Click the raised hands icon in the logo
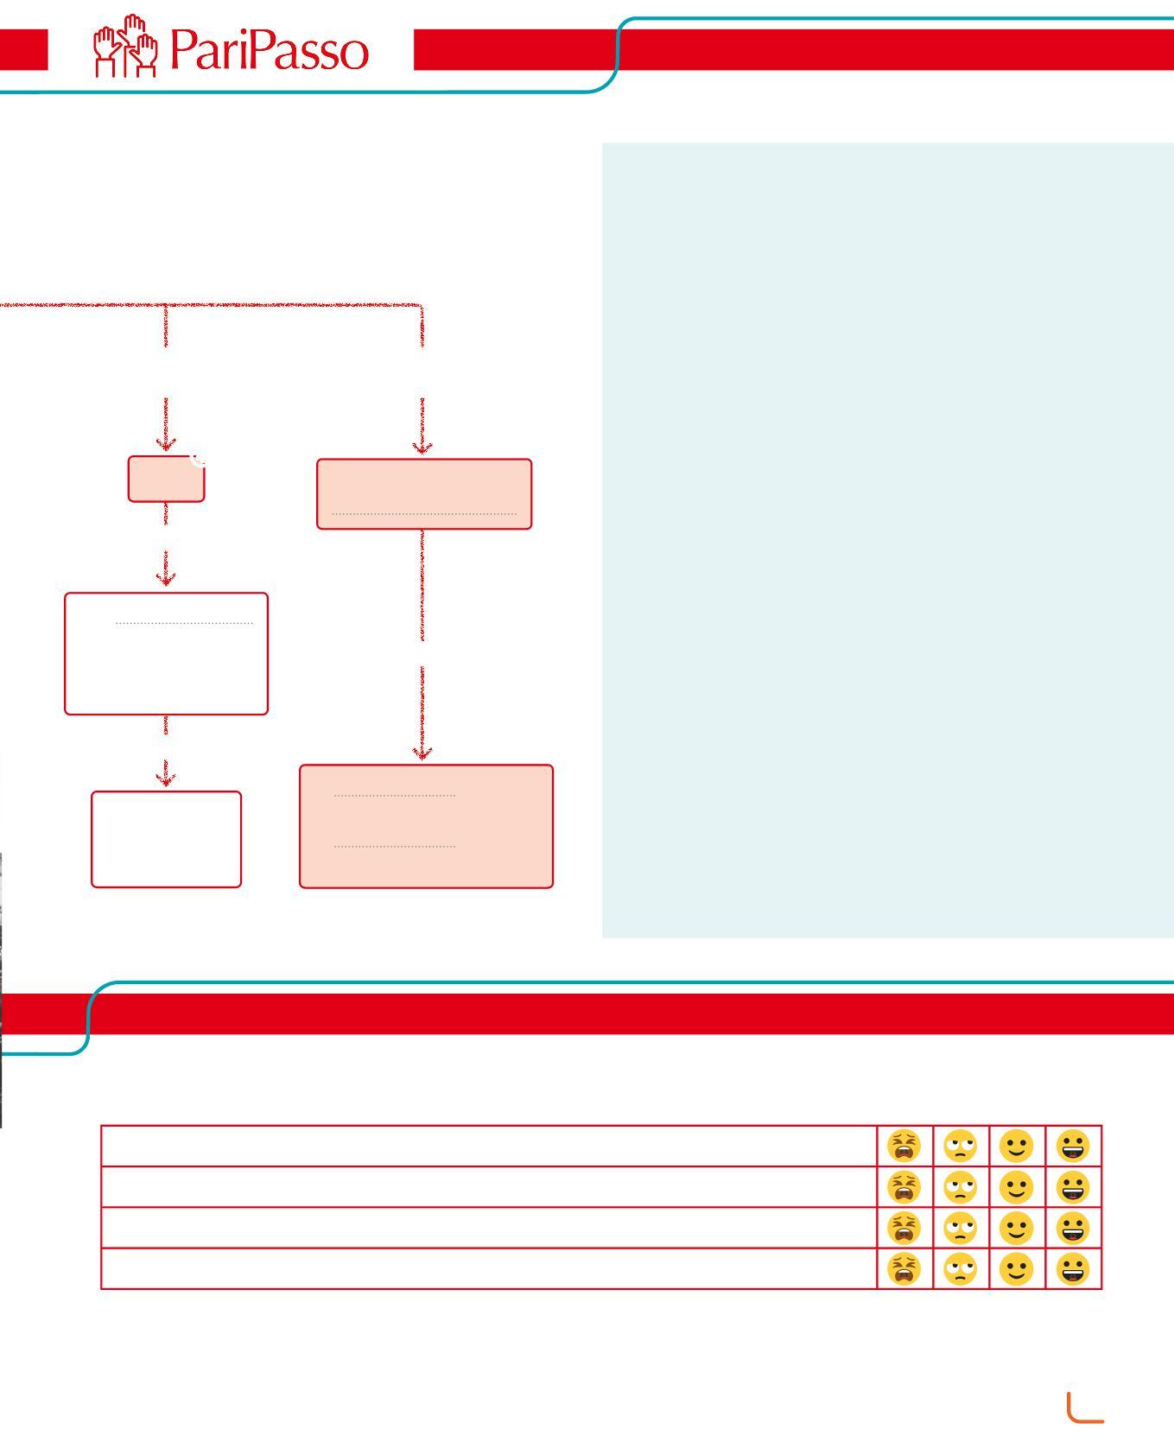(126, 47)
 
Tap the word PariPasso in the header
(270, 50)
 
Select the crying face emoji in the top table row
(904, 1146)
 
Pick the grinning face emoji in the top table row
(1073, 1146)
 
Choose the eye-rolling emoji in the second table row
(960, 1187)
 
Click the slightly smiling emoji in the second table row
(1016, 1187)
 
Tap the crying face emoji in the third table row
(904, 1228)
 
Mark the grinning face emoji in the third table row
(1073, 1228)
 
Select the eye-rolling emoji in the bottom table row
(960, 1268)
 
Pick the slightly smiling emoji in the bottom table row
(1016, 1268)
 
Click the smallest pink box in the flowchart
(166, 480)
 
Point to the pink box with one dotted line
(424, 493)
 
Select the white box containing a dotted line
(166, 653)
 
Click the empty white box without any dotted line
(166, 839)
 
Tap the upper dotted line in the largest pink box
(394, 795)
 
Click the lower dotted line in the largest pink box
(394, 846)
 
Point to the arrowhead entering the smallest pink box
(165, 445)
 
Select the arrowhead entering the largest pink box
(422, 753)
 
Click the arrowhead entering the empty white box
(165, 779)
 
